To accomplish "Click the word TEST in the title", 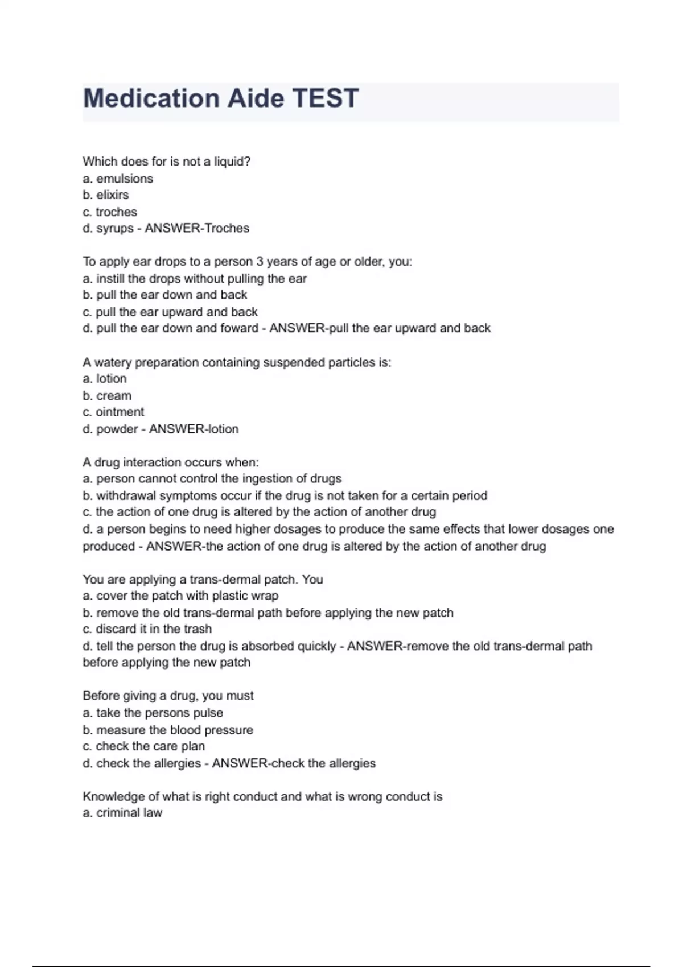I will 326,98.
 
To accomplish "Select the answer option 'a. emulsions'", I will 118,179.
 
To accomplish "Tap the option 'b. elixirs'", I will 106,195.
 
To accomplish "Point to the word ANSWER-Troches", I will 197,228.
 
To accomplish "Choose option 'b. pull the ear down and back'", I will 165,295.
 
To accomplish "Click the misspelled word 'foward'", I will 241,328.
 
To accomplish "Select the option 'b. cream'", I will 107,396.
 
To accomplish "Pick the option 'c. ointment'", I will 113,412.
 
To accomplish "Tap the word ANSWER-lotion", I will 194,429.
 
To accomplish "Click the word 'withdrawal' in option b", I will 125,495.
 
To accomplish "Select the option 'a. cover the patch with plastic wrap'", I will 180,596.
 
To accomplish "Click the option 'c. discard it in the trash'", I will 147,629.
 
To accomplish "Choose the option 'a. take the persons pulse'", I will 153,713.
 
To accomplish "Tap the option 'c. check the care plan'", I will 144,746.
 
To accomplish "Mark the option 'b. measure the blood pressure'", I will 168,730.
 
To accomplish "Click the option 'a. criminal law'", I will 122,813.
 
